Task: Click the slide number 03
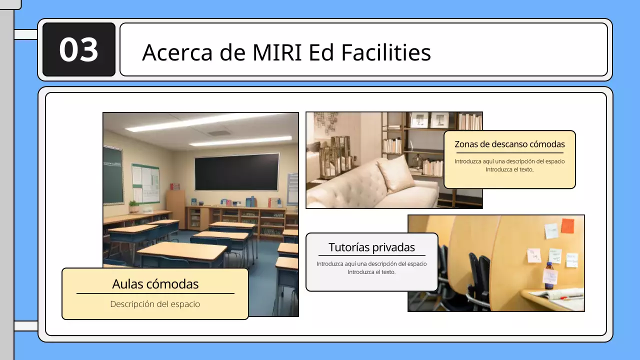[78, 50]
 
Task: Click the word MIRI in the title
[276, 52]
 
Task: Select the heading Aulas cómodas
[155, 284]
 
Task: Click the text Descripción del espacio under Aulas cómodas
[155, 304]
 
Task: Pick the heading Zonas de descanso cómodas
[509, 144]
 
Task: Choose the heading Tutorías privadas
[371, 247]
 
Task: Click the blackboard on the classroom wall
[236, 171]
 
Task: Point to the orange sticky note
[567, 226]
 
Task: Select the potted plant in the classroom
[134, 206]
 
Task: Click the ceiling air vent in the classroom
[219, 133]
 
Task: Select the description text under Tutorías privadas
[371, 268]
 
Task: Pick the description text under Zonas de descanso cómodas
[509, 165]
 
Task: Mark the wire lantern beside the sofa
[339, 154]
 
